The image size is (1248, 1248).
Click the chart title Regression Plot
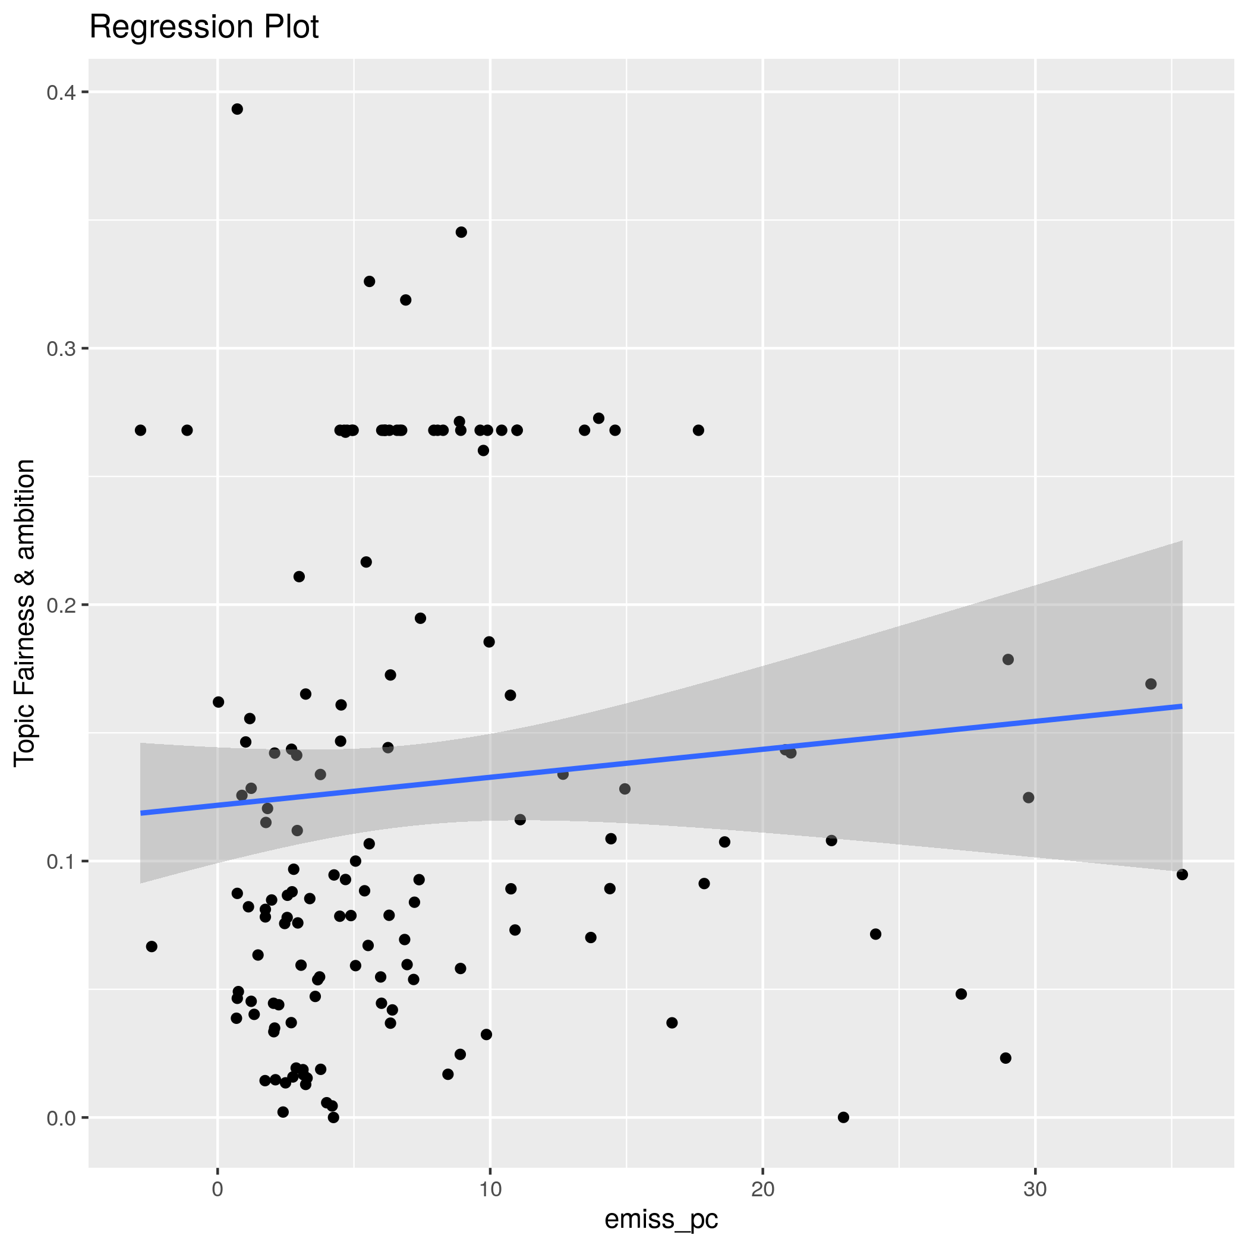click(203, 28)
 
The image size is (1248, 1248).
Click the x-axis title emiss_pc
click(661, 1219)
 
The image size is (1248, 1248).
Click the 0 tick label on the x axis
click(218, 1189)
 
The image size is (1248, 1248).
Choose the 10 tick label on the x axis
click(490, 1189)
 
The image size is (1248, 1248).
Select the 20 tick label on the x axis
click(763, 1189)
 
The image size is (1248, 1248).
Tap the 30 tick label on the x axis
click(1035, 1189)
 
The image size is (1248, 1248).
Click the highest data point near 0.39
click(237, 109)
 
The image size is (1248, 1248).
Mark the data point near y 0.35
click(461, 232)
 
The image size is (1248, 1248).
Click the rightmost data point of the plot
click(1182, 875)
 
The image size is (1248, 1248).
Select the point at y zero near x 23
click(843, 1117)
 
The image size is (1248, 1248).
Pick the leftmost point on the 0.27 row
click(140, 430)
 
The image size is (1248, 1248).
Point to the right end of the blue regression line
click(1181, 706)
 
